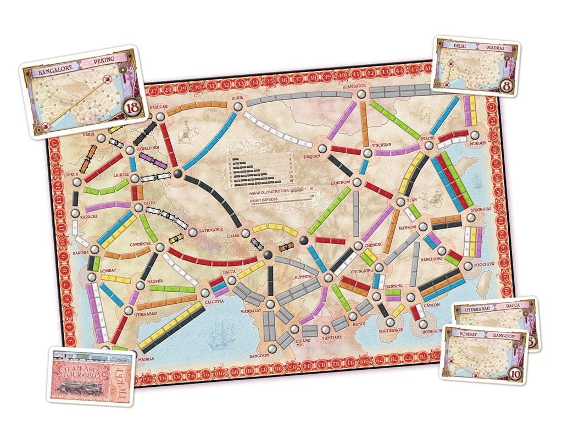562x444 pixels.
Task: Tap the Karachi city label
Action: (72, 217)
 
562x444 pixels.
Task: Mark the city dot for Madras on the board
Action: (105, 348)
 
